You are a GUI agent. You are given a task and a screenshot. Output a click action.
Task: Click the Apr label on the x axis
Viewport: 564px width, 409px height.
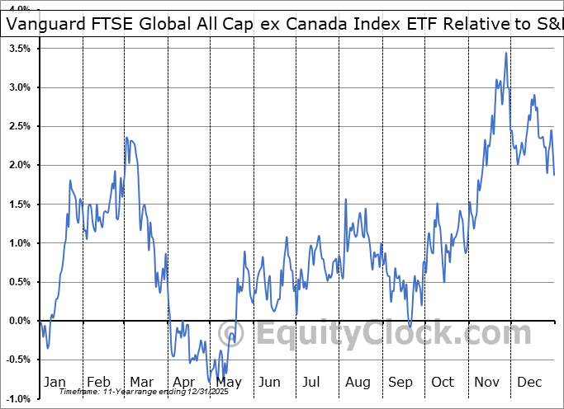[184, 383]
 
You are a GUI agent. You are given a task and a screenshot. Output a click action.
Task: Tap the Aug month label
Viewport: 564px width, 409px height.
[358, 383]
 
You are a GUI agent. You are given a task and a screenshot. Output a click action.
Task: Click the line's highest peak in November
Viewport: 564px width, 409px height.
[506, 54]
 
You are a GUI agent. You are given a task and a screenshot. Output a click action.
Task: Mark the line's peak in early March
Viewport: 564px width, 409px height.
[126, 138]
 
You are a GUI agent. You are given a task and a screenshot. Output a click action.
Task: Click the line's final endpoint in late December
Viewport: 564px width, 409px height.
[554, 174]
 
